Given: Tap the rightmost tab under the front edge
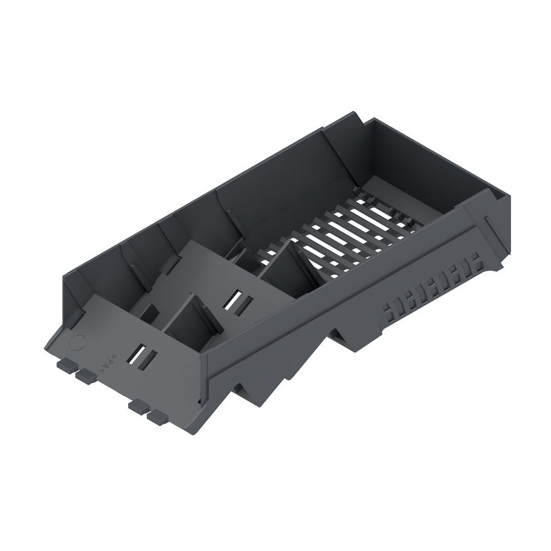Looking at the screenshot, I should (x=157, y=417).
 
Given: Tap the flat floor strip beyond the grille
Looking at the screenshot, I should (x=406, y=183).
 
